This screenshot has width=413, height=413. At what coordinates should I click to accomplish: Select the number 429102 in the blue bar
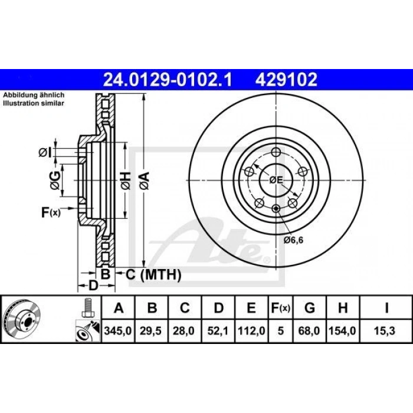point(286,78)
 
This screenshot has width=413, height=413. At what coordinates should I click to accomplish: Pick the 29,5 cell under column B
point(152,331)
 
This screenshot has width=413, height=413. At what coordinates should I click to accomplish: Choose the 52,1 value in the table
point(218,331)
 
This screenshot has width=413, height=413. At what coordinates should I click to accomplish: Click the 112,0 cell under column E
point(251,331)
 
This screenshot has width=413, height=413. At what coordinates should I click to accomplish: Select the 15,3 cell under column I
point(385,331)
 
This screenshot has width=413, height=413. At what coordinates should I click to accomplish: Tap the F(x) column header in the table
point(280,307)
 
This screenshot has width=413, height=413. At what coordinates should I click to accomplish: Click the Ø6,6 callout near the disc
point(293,240)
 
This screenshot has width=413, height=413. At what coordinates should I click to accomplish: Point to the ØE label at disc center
point(276,179)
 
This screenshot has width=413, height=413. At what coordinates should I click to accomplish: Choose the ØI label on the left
point(46,153)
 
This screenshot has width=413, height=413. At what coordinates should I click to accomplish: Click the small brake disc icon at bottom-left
point(22,319)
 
